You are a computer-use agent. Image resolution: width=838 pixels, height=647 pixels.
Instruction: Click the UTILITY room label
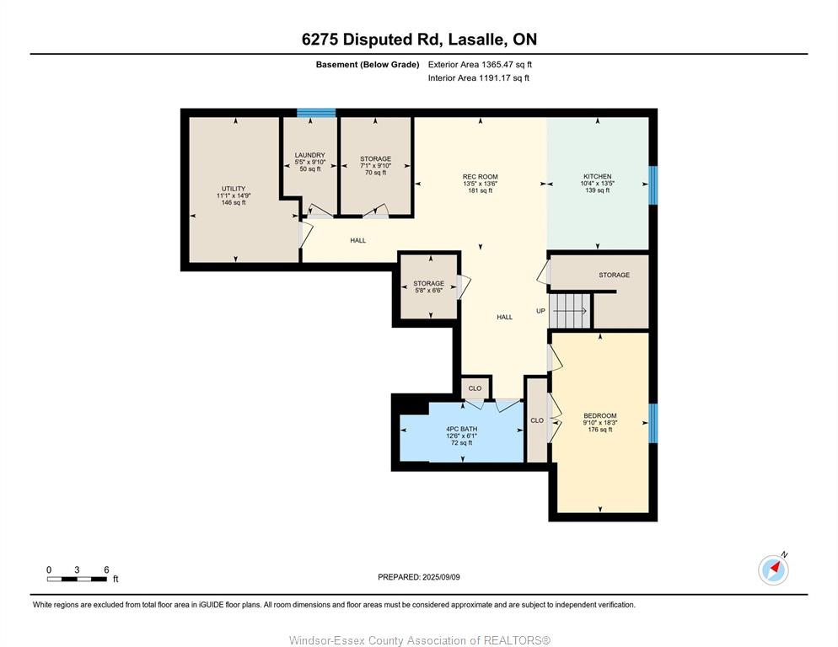click(x=234, y=189)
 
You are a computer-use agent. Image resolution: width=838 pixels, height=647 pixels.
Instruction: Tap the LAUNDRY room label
click(x=310, y=155)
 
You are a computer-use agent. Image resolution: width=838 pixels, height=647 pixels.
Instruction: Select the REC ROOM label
click(x=480, y=176)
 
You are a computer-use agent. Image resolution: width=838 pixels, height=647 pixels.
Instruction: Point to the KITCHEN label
click(x=597, y=176)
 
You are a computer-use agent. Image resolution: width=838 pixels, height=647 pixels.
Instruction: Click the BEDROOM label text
click(x=600, y=415)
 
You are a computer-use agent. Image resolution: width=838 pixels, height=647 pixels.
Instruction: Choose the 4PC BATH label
click(x=462, y=429)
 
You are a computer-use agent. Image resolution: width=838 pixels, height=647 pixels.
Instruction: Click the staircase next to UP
click(x=570, y=310)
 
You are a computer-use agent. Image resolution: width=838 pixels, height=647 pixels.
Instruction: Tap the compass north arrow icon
click(x=773, y=569)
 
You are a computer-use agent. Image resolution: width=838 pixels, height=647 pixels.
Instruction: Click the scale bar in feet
click(x=77, y=579)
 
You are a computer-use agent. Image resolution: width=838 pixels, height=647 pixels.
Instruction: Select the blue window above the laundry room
click(x=316, y=113)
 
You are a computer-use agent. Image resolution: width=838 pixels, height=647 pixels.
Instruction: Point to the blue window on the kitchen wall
click(x=653, y=185)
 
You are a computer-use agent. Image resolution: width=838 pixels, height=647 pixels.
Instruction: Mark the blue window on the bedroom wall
click(x=653, y=423)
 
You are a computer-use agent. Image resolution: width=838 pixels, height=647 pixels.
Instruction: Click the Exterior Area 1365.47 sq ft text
click(x=480, y=65)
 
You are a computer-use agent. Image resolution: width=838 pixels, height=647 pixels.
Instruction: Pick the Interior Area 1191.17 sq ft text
click(x=479, y=78)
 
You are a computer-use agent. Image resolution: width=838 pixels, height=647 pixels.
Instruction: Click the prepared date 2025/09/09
click(x=441, y=577)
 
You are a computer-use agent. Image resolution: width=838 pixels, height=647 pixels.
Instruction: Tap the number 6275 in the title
click(x=320, y=40)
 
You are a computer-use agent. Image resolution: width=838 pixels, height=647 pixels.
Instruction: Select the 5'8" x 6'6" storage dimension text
click(x=428, y=291)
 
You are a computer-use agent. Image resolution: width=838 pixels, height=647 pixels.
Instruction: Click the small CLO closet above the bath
click(x=475, y=388)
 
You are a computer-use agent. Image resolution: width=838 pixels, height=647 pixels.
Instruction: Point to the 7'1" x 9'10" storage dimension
click(x=376, y=166)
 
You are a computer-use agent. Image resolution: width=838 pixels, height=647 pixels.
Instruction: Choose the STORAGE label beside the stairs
click(x=614, y=275)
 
